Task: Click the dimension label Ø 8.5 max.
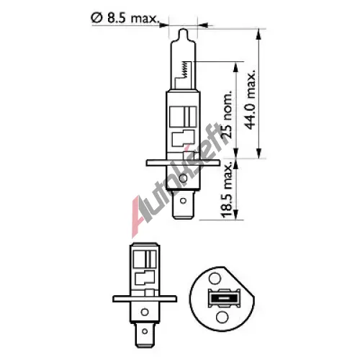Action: click(x=125, y=19)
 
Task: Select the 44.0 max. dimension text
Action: click(x=251, y=100)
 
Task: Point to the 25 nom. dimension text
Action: click(x=227, y=114)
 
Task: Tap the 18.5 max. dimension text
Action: click(x=227, y=190)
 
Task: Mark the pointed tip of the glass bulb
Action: click(x=184, y=29)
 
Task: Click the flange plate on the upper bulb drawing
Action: click(x=183, y=163)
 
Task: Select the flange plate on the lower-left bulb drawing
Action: click(x=145, y=299)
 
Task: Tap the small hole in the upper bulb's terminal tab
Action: click(x=183, y=200)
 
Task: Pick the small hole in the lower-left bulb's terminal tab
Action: click(x=145, y=331)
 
